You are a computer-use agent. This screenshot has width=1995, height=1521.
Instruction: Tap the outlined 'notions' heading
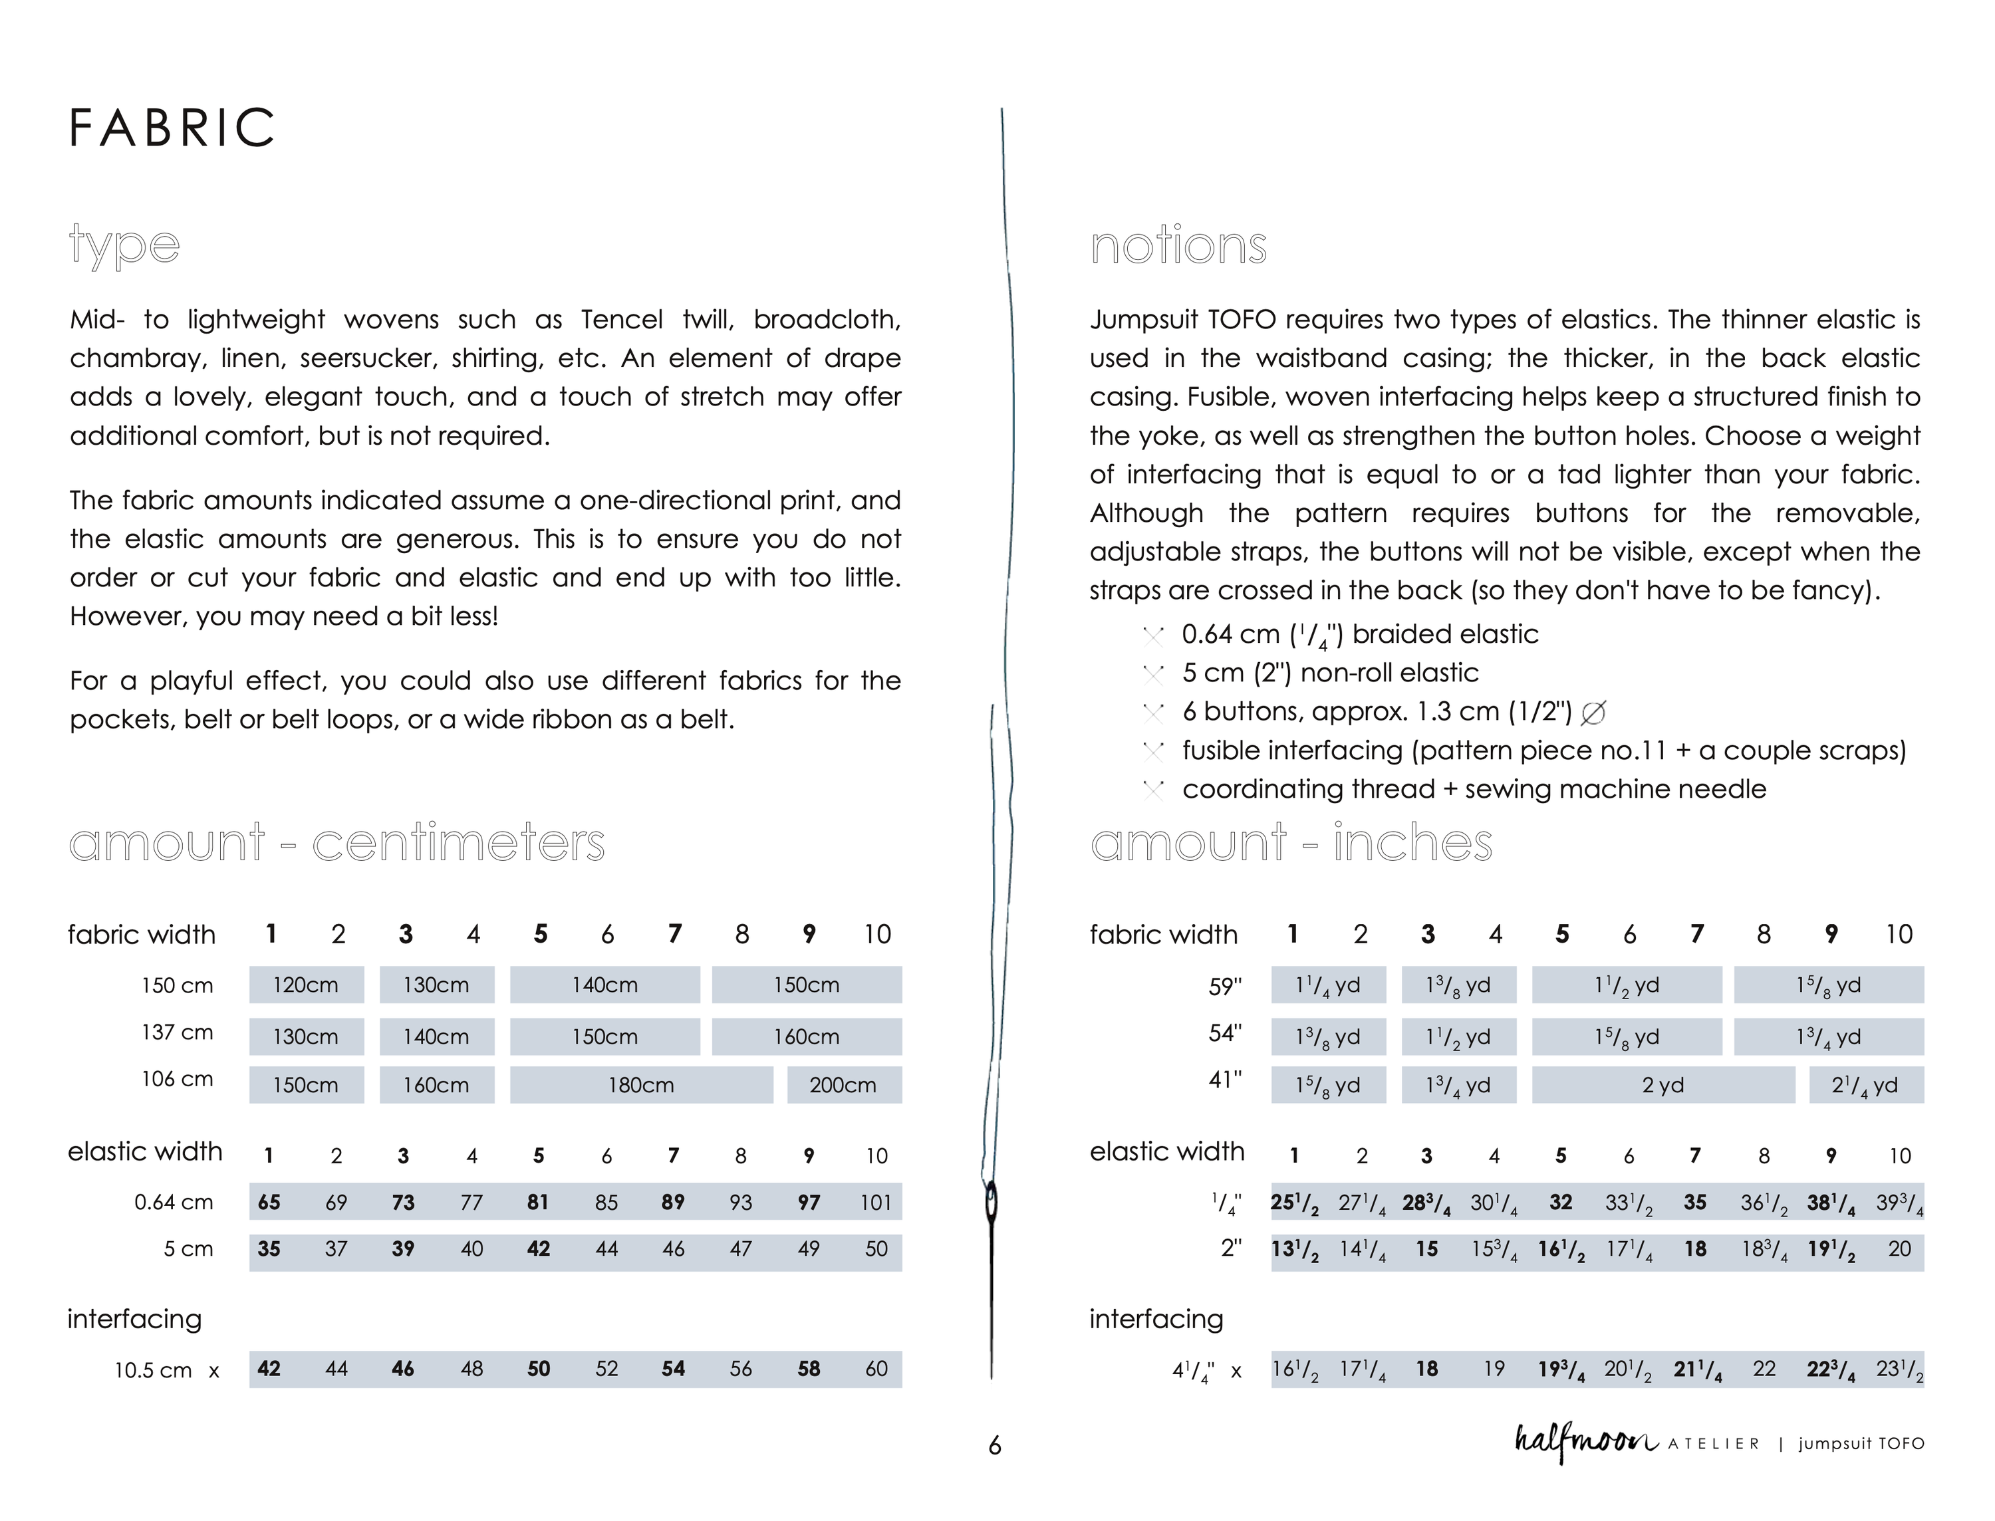pyautogui.click(x=1178, y=245)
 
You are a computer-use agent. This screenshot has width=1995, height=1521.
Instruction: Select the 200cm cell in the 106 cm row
pyautogui.click(x=843, y=1085)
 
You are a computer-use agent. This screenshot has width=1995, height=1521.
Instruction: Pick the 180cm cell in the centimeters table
pyautogui.click(x=640, y=1085)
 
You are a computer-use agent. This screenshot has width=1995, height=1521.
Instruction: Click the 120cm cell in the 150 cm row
pyautogui.click(x=306, y=985)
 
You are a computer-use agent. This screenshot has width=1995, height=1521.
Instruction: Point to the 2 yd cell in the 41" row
pyautogui.click(x=1662, y=1085)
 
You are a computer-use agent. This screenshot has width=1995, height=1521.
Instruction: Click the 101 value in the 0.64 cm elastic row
pyautogui.click(x=876, y=1203)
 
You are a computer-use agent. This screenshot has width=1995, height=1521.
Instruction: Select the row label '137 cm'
pyautogui.click(x=177, y=1032)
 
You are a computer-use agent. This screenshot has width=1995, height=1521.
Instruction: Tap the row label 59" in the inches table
pyautogui.click(x=1224, y=987)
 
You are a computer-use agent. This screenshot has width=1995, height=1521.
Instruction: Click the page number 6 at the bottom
pyautogui.click(x=994, y=1446)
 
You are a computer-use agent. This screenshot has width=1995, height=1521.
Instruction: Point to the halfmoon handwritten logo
pyautogui.click(x=1585, y=1441)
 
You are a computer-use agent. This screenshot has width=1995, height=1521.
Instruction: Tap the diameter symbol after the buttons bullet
pyautogui.click(x=1593, y=713)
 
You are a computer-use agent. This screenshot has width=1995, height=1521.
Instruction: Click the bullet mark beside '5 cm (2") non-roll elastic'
pyautogui.click(x=1153, y=675)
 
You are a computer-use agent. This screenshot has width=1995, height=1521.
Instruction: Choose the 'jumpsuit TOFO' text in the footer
pyautogui.click(x=1861, y=1443)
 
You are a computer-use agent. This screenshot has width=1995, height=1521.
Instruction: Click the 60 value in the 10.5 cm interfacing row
pyautogui.click(x=876, y=1369)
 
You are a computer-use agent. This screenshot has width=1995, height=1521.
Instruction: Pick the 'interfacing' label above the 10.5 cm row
pyautogui.click(x=134, y=1319)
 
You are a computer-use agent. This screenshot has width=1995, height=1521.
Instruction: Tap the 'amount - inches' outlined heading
pyautogui.click(x=1291, y=843)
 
